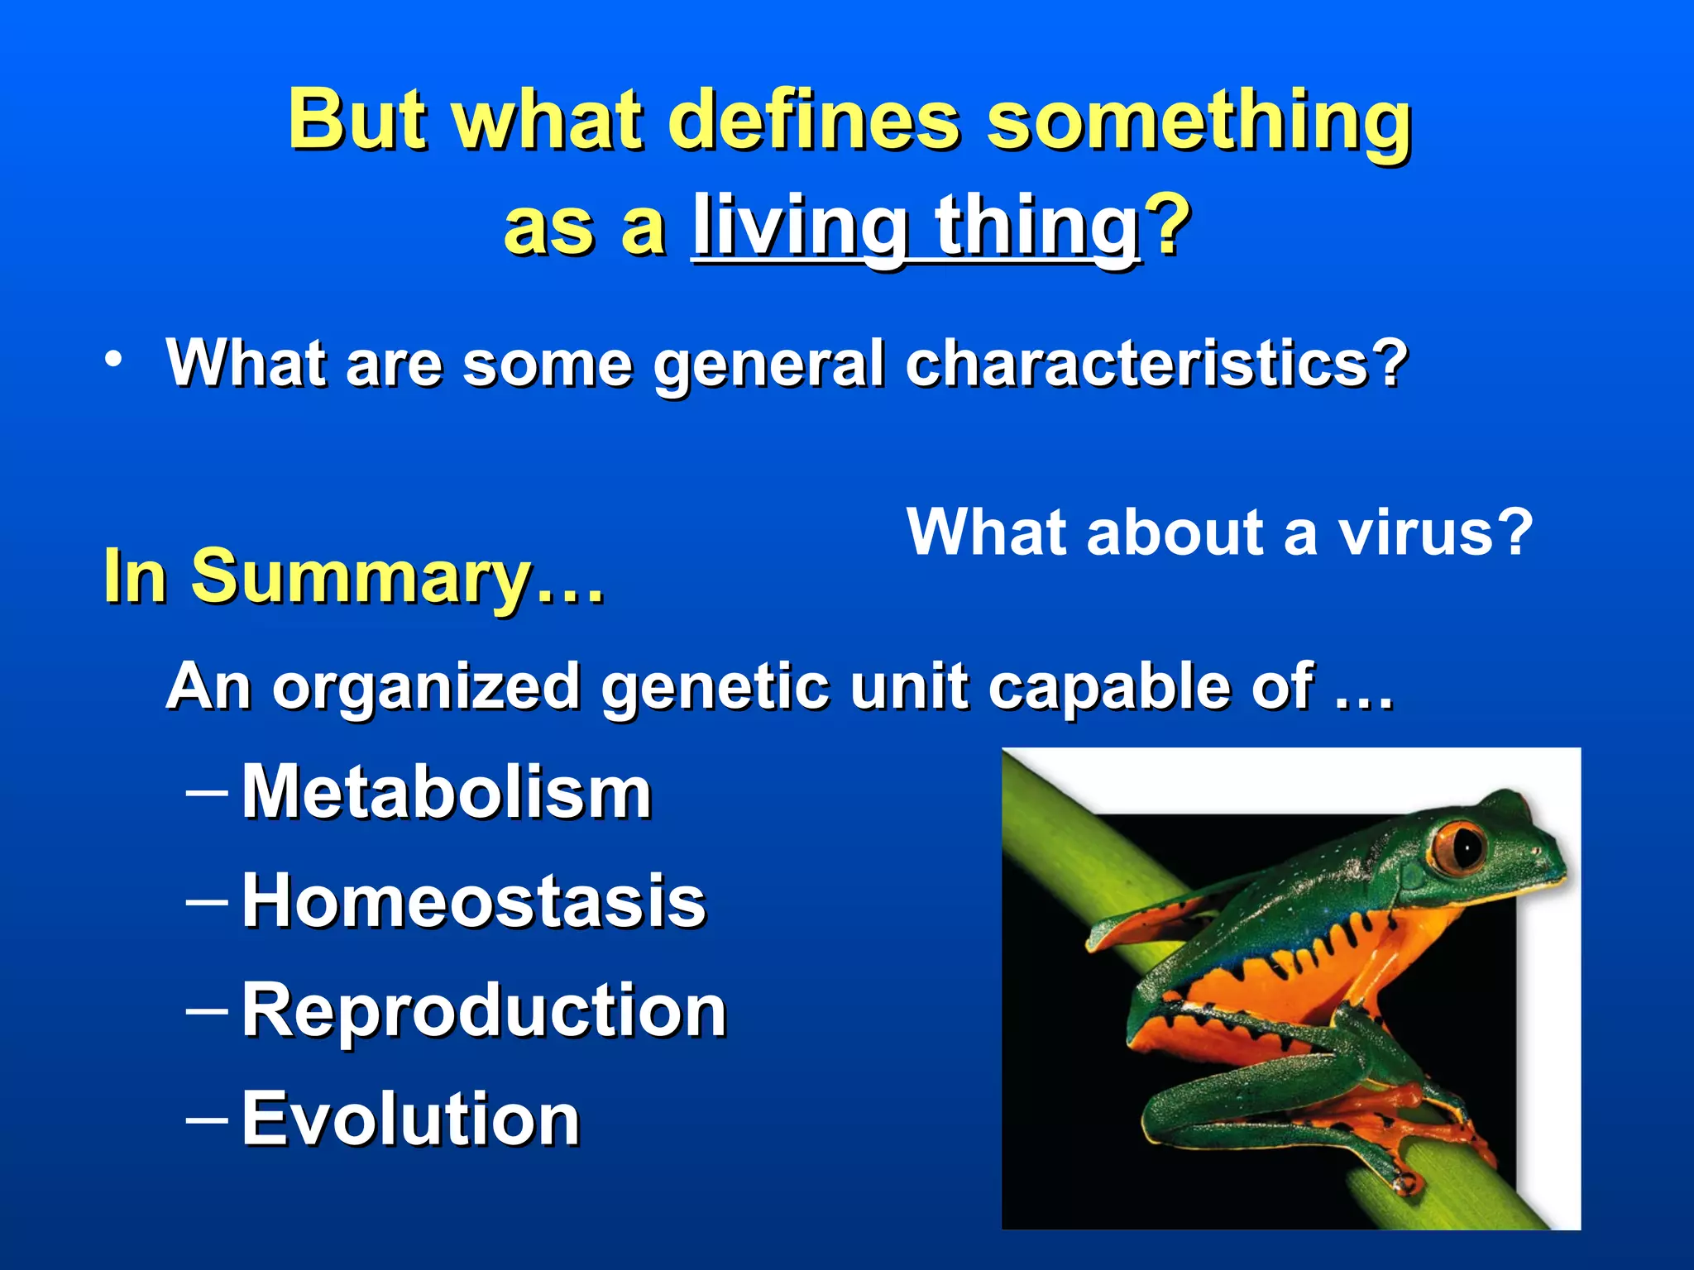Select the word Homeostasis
474,901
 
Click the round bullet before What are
113,360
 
